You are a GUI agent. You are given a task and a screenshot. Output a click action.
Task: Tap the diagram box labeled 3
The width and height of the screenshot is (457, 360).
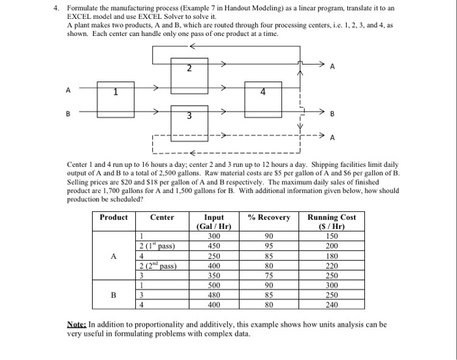tap(188, 116)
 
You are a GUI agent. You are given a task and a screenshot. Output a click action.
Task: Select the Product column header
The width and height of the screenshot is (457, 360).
tap(114, 217)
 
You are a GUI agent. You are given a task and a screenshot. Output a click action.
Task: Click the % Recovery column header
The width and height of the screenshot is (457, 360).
tap(268, 217)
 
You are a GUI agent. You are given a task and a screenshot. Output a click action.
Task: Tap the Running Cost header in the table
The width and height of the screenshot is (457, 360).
tap(332, 217)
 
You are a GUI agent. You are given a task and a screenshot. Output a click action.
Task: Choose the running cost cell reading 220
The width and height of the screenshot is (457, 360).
tap(332, 266)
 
